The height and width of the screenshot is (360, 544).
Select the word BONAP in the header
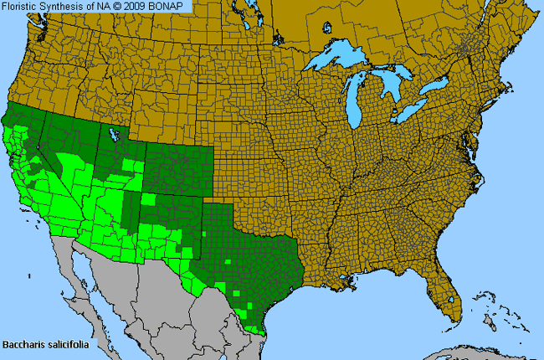pyautogui.click(x=172, y=6)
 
